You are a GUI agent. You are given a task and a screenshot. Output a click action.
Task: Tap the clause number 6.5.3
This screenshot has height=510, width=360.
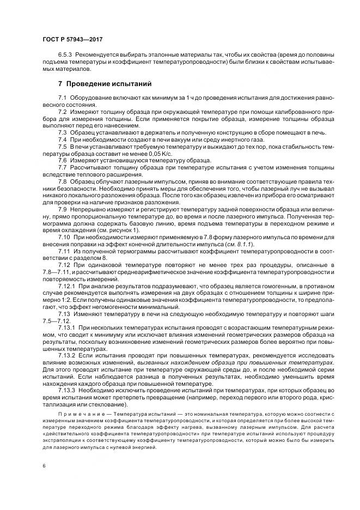tap(65, 56)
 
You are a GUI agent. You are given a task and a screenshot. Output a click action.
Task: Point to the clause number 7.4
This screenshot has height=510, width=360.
tap(62, 140)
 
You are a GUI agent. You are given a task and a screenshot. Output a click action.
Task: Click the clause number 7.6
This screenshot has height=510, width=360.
tap(62, 160)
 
